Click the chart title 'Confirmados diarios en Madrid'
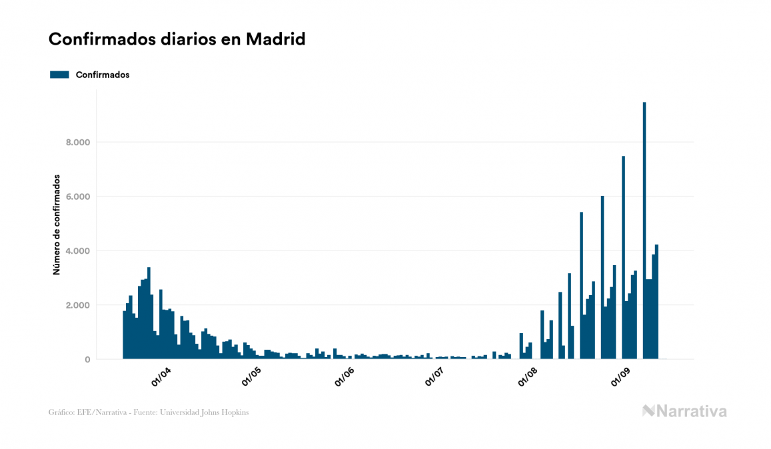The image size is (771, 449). pyautogui.click(x=177, y=39)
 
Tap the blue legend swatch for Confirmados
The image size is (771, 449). pyautogui.click(x=59, y=75)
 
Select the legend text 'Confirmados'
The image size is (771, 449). pyautogui.click(x=103, y=75)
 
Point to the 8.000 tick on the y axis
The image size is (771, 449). pyautogui.click(x=77, y=143)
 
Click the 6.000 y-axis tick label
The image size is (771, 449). pyautogui.click(x=77, y=197)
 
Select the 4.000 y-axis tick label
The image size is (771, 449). pyautogui.click(x=77, y=251)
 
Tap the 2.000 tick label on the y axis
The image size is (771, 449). pyautogui.click(x=77, y=305)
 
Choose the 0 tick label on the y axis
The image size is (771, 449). pyautogui.click(x=87, y=360)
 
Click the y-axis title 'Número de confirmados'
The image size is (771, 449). pyautogui.click(x=57, y=225)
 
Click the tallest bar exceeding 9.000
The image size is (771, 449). pyautogui.click(x=644, y=233)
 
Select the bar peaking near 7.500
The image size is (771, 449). pyautogui.click(x=623, y=260)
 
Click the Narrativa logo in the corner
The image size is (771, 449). pyautogui.click(x=684, y=411)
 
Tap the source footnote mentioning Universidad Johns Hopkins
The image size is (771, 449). pyautogui.click(x=149, y=412)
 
